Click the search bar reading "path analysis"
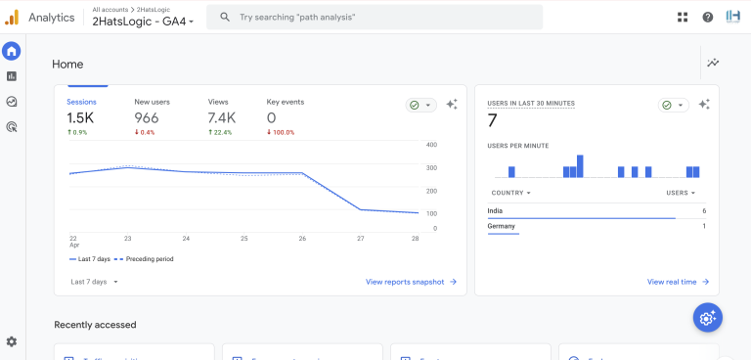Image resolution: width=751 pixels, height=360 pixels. (x=375, y=17)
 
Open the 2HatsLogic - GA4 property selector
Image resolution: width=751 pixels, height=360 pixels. (x=143, y=22)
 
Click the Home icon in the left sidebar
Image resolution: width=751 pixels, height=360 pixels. (x=12, y=52)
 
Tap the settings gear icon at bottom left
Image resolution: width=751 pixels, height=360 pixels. (x=12, y=341)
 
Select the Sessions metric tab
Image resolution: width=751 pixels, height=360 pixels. (x=81, y=102)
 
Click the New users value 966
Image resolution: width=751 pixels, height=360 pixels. (x=146, y=117)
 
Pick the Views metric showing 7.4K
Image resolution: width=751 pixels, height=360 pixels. (x=221, y=117)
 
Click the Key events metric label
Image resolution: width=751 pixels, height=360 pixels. (x=285, y=102)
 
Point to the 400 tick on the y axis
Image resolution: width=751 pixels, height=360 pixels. (x=431, y=145)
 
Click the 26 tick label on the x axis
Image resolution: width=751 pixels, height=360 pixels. (x=302, y=238)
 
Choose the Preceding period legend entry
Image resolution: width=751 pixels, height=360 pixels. (x=149, y=259)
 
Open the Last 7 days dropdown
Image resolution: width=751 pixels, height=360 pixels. (x=95, y=282)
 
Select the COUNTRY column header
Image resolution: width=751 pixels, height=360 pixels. (x=508, y=193)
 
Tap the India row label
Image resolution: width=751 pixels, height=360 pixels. (x=496, y=210)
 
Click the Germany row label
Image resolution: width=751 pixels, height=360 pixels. (x=501, y=226)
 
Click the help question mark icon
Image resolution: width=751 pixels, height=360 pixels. (x=707, y=17)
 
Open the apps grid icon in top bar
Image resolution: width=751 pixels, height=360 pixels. (x=683, y=17)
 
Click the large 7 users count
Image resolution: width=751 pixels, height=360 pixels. (x=493, y=120)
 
